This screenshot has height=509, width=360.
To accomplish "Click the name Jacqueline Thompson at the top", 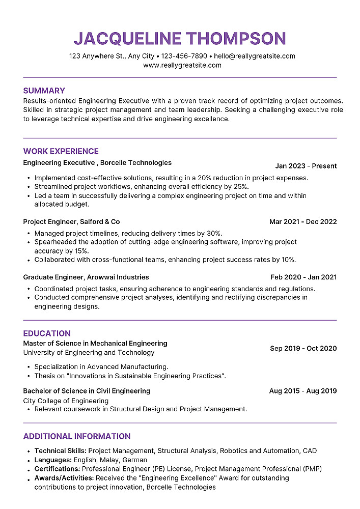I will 180,38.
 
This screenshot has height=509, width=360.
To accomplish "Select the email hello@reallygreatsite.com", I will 255,56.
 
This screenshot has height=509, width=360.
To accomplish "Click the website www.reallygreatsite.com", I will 182,65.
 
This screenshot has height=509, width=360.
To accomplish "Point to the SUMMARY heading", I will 44,91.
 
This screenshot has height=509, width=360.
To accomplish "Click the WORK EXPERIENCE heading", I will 61,151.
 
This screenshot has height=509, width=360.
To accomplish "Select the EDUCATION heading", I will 47,333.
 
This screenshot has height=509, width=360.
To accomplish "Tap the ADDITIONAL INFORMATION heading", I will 77,436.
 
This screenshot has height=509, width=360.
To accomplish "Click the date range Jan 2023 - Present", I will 306,166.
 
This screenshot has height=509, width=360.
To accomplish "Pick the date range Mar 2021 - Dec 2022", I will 303,222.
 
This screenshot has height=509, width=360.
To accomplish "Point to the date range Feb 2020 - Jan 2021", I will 303,277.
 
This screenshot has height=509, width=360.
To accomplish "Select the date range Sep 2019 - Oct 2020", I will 303,349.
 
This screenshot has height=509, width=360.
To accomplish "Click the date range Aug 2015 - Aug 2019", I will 303,391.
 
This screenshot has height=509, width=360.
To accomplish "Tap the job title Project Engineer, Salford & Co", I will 72,222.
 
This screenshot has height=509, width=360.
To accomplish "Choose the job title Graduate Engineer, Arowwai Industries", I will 86,277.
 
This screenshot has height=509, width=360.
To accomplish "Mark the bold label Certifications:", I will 58,469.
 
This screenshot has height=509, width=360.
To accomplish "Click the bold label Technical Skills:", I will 61,451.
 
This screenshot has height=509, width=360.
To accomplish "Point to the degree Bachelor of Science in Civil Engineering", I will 87,391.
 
